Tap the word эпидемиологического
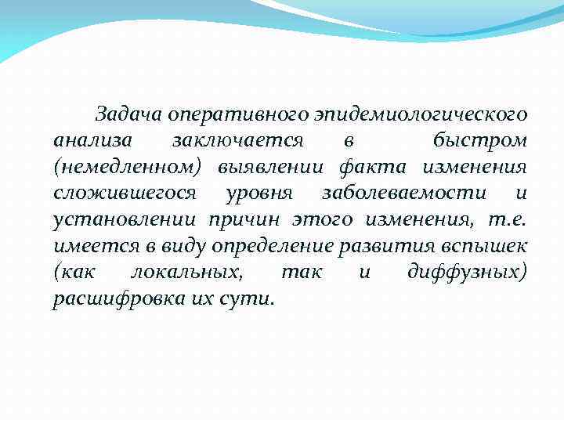tap(421, 114)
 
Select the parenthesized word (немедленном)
tap(128, 167)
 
